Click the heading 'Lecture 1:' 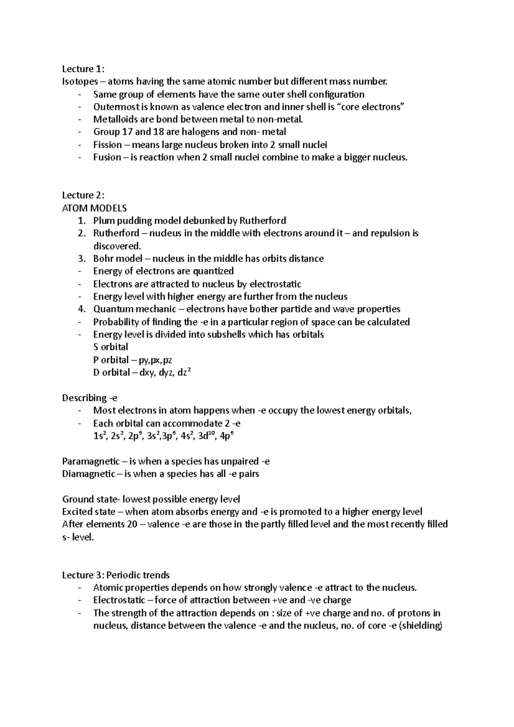coord(83,69)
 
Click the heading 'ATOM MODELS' coord(94,208)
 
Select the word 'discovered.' coord(117,246)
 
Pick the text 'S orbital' coord(111,347)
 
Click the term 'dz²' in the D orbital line coord(184,372)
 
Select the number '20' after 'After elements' coord(132,524)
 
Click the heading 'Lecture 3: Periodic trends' coord(116,575)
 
